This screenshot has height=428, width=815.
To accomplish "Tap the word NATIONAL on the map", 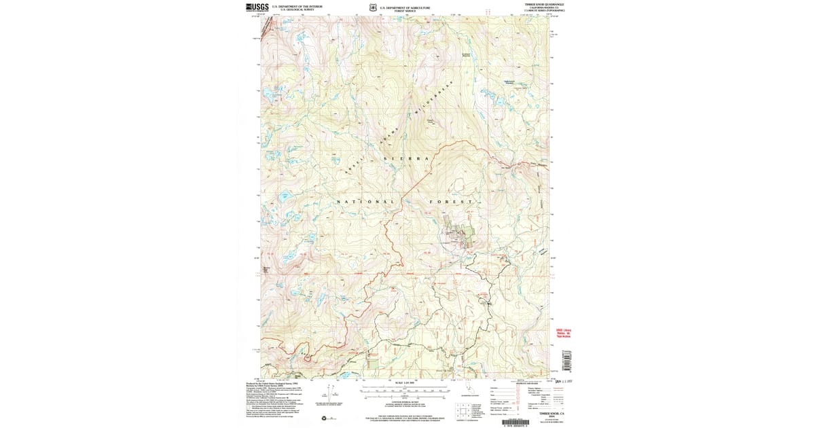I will (x=365, y=202).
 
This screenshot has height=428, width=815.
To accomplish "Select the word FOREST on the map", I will (x=451, y=202).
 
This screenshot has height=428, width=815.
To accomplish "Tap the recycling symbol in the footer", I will (x=324, y=418).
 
